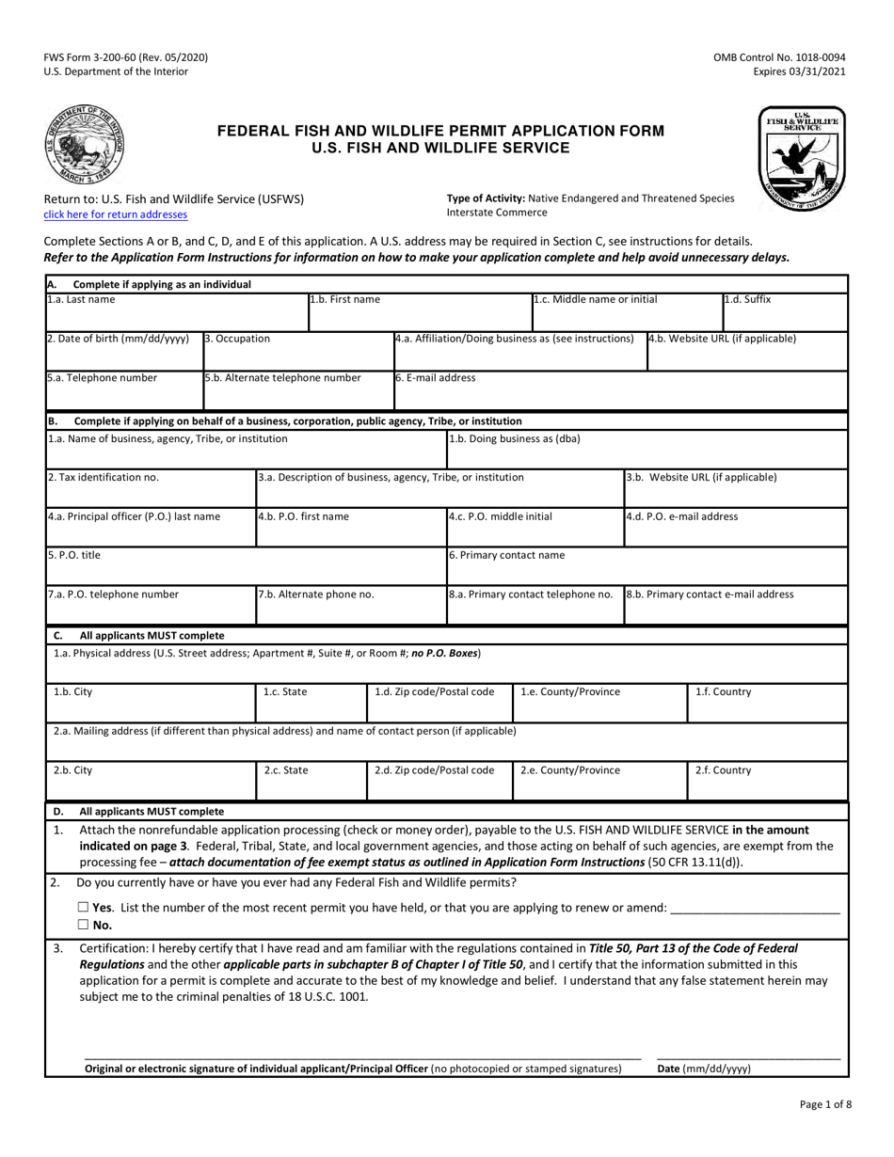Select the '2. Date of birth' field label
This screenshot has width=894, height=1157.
coord(118,339)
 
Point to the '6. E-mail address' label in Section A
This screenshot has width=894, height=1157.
coord(435,378)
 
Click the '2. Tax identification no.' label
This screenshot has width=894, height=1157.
coord(104,477)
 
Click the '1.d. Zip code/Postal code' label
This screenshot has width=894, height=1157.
coord(434,692)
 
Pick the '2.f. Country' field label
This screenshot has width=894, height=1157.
coord(723,770)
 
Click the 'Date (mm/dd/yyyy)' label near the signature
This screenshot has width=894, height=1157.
coord(704,1069)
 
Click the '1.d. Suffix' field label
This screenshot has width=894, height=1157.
coord(747,300)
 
